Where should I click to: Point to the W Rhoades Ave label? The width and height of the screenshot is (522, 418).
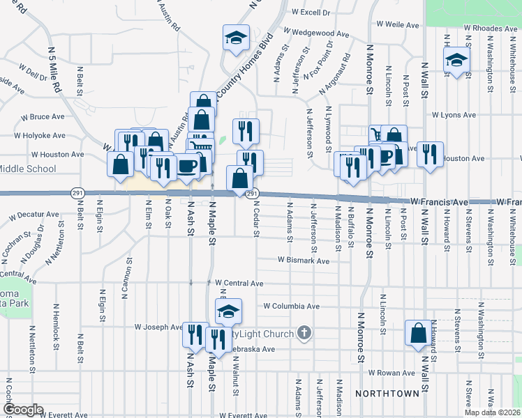click(489, 28)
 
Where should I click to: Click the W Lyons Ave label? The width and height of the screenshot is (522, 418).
click(453, 114)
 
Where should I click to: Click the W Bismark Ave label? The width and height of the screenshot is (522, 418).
click(303, 260)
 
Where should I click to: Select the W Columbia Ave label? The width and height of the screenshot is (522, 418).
click(291, 306)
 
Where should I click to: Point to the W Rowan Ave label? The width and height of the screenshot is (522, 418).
click(392, 373)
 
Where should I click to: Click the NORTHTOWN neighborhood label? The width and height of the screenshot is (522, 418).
click(387, 394)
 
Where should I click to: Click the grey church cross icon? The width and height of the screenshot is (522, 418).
click(304, 333)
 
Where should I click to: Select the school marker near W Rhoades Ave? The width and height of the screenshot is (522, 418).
click(456, 61)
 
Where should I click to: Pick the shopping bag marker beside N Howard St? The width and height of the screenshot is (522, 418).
click(419, 333)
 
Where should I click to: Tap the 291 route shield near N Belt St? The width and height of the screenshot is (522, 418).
click(77, 191)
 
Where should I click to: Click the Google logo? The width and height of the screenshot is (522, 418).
click(24, 410)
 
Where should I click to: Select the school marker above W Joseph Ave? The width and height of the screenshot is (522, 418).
click(228, 312)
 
